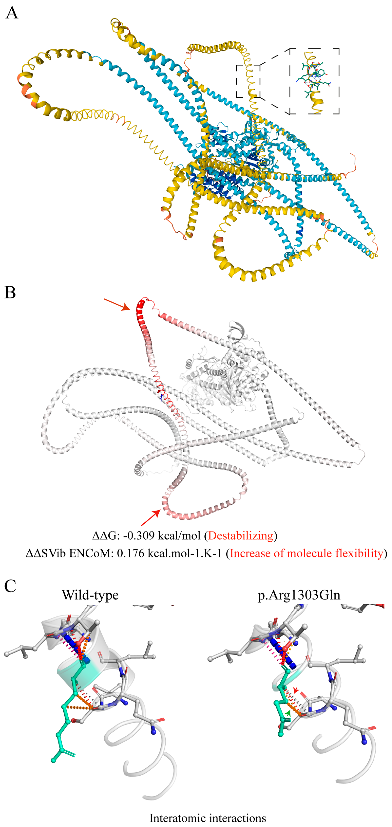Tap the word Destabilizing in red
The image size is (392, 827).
click(241, 536)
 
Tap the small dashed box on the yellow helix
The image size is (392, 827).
click(248, 81)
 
